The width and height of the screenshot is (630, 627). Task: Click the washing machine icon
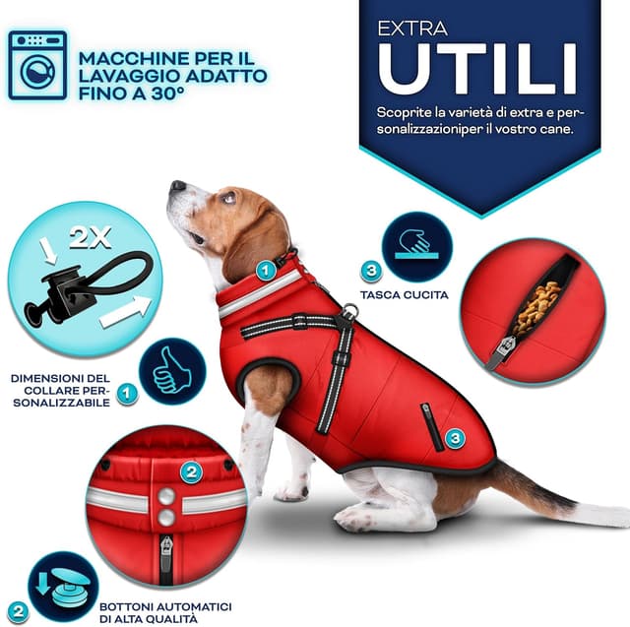(x=37, y=65)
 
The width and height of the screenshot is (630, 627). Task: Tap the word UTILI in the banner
(x=477, y=68)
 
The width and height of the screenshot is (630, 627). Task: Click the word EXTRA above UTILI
(x=412, y=29)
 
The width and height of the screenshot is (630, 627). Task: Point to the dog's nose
(x=177, y=186)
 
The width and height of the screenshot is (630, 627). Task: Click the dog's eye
(x=229, y=197)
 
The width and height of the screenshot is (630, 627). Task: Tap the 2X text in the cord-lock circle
(x=90, y=238)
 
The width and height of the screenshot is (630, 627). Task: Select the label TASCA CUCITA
(x=405, y=295)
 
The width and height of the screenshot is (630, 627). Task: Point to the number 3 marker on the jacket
(x=455, y=437)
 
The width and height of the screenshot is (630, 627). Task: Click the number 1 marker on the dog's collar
(x=266, y=271)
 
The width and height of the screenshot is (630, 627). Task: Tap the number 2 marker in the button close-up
(x=191, y=471)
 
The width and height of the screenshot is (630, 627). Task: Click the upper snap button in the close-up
(x=166, y=496)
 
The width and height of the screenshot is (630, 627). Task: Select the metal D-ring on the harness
(x=350, y=310)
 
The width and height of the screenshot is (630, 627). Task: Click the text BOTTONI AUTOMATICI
(x=165, y=606)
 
